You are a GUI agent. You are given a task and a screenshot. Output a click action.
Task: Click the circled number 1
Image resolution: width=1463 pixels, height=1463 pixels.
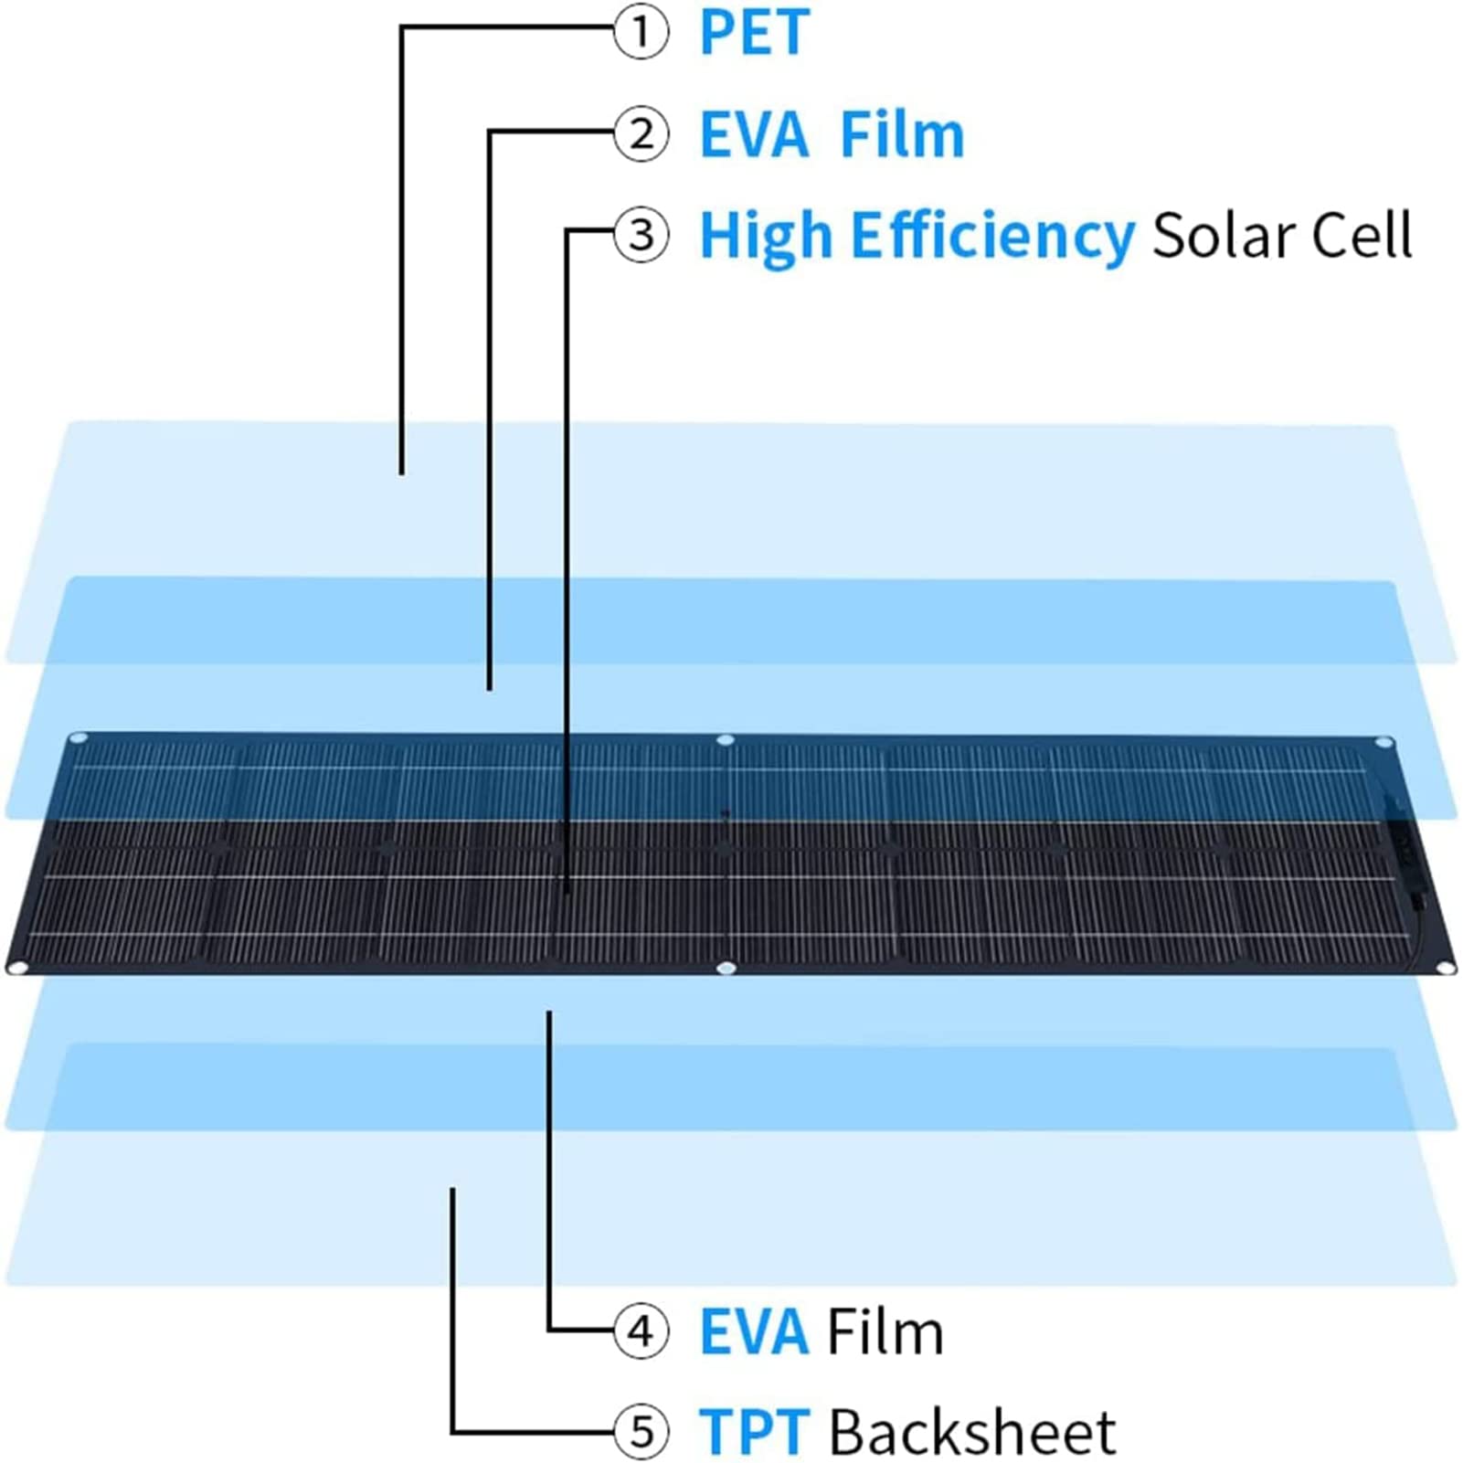coord(641,32)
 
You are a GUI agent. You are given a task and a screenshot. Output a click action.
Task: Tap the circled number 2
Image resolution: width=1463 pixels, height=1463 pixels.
coord(641,133)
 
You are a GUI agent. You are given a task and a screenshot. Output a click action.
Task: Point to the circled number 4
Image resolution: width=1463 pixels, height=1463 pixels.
coord(641,1330)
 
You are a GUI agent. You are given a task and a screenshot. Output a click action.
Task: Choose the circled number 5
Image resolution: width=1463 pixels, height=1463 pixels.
coord(641,1431)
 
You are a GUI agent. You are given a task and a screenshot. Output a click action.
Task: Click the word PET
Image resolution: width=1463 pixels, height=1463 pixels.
coord(755,33)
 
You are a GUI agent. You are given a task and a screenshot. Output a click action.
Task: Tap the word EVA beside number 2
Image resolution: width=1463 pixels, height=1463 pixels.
coord(755,135)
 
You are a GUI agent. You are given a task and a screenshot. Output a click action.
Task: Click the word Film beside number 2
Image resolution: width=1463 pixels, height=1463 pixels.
coord(902,135)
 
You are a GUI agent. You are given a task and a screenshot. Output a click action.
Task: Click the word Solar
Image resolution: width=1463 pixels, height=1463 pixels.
coord(1224,236)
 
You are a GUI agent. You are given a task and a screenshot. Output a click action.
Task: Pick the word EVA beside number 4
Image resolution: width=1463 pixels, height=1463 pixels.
coord(755,1332)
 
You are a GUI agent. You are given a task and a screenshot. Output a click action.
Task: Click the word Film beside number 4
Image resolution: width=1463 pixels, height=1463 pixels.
coord(885,1331)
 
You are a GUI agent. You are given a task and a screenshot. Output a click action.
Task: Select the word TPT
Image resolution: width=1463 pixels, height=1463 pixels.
coord(755,1432)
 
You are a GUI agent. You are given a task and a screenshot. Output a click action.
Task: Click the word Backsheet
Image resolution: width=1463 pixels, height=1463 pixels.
coord(972,1431)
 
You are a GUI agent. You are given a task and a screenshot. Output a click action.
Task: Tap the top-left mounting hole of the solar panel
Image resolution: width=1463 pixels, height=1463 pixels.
coord(79,737)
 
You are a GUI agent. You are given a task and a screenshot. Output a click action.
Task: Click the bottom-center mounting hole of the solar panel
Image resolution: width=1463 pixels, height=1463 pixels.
coord(726,968)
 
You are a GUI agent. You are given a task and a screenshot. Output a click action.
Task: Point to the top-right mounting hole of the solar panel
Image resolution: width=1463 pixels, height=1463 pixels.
coord(1384,742)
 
